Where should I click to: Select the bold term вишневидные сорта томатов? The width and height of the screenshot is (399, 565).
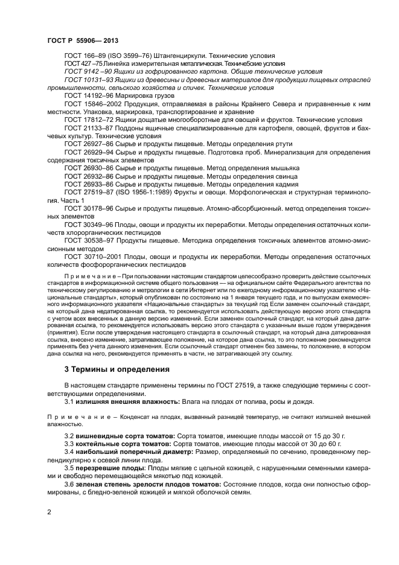point(124,435)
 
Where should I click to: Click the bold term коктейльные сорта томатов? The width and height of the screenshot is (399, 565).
point(124,444)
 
